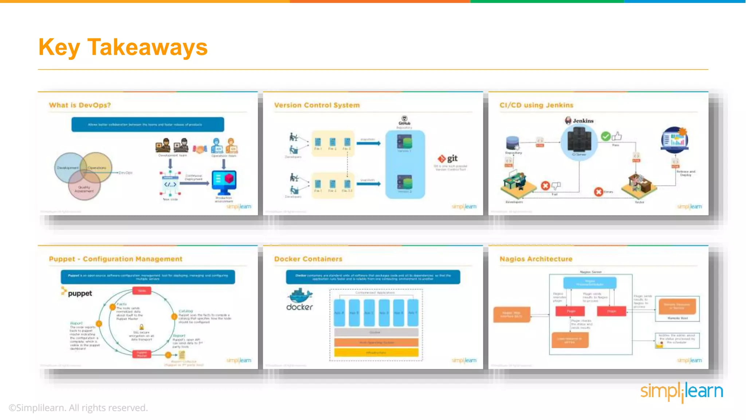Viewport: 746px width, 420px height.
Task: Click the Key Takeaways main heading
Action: [123, 47]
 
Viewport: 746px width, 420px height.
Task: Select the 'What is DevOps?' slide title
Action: [80, 105]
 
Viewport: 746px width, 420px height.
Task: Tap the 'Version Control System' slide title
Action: [317, 105]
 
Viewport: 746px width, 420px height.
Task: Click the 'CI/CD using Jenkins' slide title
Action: [536, 105]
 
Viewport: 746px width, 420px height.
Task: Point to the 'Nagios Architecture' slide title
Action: [536, 259]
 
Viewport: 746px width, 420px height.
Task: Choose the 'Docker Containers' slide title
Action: [308, 259]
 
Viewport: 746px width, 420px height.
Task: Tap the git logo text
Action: [452, 158]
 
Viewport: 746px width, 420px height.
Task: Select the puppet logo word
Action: [79, 293]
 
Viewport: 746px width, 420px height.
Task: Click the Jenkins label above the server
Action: [582, 121]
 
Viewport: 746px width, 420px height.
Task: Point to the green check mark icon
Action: [605, 136]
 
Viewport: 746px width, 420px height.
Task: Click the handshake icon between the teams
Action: [200, 149]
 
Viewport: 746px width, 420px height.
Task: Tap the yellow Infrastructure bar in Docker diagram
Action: [376, 353]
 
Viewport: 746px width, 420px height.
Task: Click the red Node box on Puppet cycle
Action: [142, 291]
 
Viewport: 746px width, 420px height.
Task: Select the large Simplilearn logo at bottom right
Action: [681, 392]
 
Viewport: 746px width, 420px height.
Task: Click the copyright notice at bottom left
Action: [78, 408]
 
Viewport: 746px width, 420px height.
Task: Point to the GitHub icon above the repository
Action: [404, 119]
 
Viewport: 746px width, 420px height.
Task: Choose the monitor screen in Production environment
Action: [224, 179]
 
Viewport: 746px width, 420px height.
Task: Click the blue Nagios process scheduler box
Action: [589, 283]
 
